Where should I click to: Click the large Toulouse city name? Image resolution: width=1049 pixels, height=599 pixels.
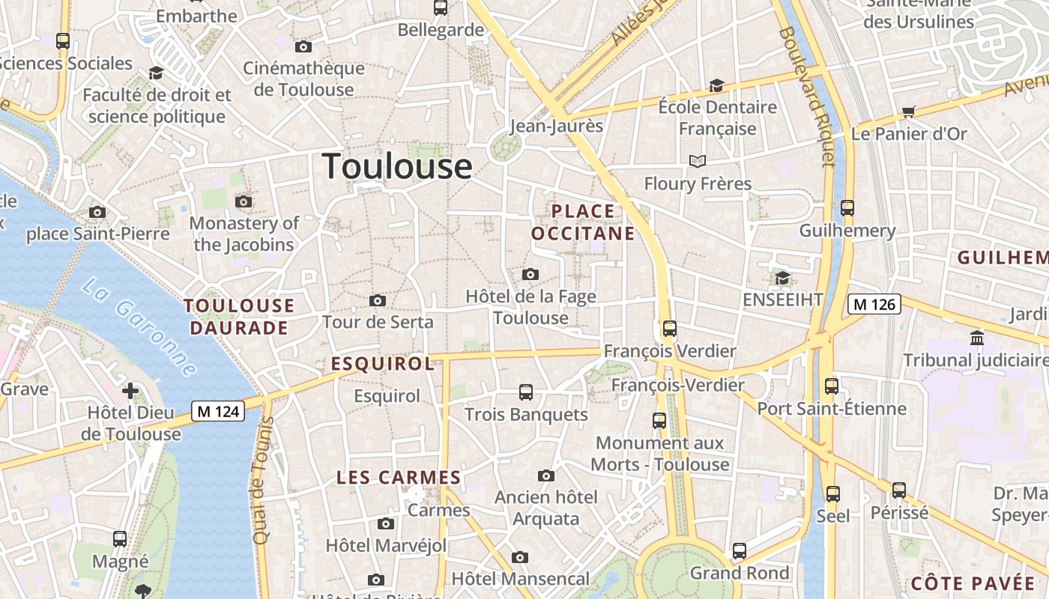click(397, 166)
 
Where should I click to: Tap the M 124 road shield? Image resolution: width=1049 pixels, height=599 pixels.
click(218, 411)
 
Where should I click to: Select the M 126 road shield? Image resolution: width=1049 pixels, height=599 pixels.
click(874, 304)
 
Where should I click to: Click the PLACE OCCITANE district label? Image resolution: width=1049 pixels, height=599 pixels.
click(583, 222)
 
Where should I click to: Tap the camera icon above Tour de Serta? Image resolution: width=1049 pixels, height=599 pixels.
click(378, 301)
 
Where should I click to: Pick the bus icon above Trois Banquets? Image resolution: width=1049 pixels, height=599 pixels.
click(526, 392)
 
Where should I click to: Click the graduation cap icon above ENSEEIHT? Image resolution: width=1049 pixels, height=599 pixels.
click(782, 279)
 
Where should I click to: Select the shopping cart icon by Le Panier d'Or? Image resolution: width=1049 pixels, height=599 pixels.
click(909, 112)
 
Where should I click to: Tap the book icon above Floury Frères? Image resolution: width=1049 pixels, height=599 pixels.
click(698, 162)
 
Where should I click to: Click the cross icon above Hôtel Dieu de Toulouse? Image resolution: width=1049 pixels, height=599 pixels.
click(130, 390)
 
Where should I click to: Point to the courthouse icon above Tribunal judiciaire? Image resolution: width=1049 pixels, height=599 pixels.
click(977, 338)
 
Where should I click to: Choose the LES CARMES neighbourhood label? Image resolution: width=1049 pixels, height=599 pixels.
click(399, 478)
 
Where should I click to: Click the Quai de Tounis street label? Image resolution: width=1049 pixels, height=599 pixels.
click(261, 490)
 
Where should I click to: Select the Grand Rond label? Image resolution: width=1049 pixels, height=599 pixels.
click(740, 574)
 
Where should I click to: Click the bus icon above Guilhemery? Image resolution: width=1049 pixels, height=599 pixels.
click(847, 208)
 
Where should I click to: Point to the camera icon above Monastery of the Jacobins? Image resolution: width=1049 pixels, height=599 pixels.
click(244, 201)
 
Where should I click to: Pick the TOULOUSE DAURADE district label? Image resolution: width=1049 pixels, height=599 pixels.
click(239, 317)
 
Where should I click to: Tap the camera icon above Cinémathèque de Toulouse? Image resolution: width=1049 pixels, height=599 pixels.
click(303, 47)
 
